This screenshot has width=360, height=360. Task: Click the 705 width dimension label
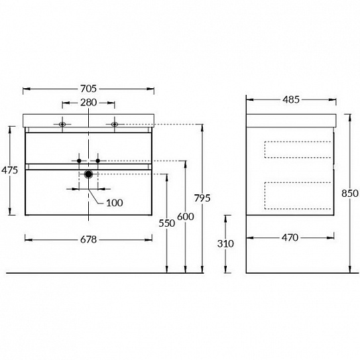(x=88, y=89)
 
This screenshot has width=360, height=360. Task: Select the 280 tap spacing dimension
(x=88, y=103)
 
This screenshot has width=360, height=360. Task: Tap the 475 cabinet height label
(x=10, y=170)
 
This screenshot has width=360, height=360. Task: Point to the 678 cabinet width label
(x=88, y=240)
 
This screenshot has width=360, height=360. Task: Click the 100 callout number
(x=114, y=203)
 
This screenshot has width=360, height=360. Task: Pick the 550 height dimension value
(x=167, y=223)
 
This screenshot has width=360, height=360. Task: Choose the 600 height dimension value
(x=186, y=217)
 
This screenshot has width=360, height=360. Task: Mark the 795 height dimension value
(x=202, y=198)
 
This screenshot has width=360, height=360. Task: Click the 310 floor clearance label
(x=225, y=243)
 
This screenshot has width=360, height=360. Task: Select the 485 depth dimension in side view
(x=291, y=99)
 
